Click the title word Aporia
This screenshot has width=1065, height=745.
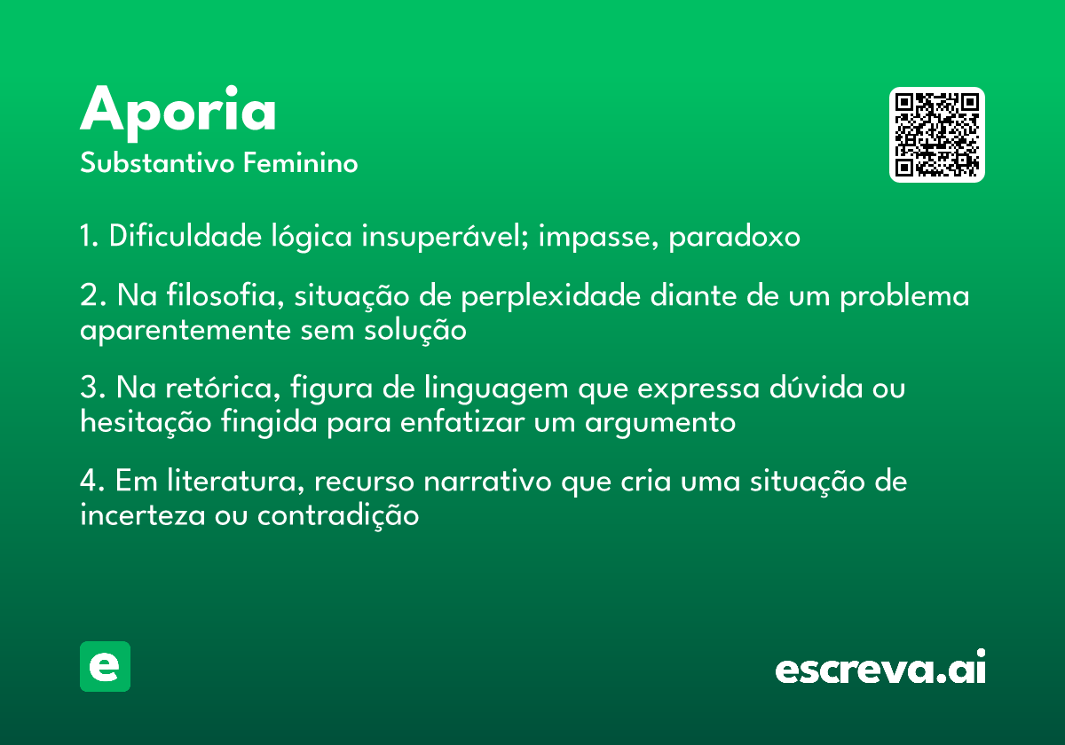click(x=177, y=114)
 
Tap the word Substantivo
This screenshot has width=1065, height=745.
click(x=157, y=162)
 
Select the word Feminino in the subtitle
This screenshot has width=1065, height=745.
click(x=301, y=162)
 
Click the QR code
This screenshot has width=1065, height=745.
click(x=936, y=135)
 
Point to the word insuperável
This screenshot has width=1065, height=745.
click(x=445, y=236)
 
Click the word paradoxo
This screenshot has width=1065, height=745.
click(x=735, y=236)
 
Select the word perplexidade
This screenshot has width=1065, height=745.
click(x=550, y=296)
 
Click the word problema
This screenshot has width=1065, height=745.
click(x=904, y=296)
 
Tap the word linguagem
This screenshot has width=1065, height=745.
click(x=496, y=388)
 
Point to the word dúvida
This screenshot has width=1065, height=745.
click(x=816, y=387)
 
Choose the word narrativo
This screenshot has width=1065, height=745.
click(x=487, y=481)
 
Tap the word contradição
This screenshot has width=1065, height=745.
click(x=338, y=515)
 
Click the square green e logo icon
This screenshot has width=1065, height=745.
click(x=105, y=666)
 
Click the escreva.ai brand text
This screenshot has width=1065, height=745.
click(x=880, y=667)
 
